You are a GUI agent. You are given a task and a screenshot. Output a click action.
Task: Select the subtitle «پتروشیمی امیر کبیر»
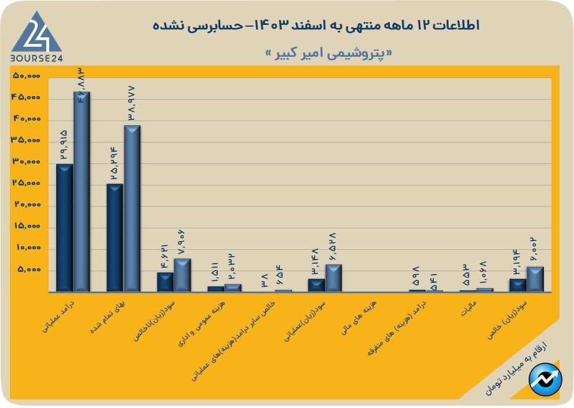click(328, 53)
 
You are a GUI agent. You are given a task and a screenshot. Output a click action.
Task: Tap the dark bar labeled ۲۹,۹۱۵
click(64, 227)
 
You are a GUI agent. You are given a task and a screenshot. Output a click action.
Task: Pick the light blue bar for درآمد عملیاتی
click(81, 191)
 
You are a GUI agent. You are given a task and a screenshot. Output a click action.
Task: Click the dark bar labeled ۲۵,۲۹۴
click(115, 238)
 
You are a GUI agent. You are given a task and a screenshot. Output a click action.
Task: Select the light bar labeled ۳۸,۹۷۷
click(132, 208)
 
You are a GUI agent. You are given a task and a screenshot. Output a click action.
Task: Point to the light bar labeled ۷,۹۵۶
click(182, 275)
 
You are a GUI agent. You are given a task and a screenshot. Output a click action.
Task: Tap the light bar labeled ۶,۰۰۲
click(535, 279)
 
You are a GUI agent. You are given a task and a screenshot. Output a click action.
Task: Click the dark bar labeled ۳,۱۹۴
click(518, 285)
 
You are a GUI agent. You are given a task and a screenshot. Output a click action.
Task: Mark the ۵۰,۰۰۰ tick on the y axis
click(26, 76)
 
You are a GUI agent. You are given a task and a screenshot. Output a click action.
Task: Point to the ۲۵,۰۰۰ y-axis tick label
click(26, 184)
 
